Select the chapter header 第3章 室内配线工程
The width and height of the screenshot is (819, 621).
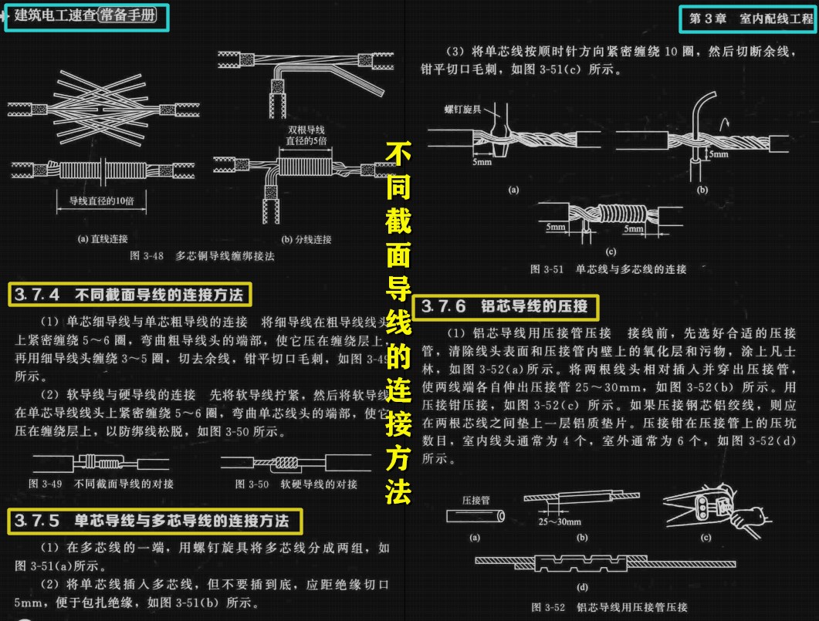click(x=745, y=19)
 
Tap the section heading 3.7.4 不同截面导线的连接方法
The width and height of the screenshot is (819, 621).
click(x=130, y=295)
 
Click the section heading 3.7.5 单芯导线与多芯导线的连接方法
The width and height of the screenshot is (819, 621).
click(x=155, y=521)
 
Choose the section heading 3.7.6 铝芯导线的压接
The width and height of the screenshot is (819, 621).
click(x=505, y=306)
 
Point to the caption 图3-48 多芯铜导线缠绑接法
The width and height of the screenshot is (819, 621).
click(x=201, y=255)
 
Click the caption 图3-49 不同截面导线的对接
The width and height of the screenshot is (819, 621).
click(x=101, y=484)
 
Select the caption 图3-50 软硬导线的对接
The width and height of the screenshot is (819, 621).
click(x=296, y=484)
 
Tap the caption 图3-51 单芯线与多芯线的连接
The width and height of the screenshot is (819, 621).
click(x=607, y=269)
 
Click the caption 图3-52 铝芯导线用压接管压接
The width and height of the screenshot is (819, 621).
click(x=609, y=607)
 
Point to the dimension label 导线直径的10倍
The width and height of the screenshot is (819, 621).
click(x=102, y=201)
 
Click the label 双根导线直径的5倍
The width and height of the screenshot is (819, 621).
click(x=306, y=135)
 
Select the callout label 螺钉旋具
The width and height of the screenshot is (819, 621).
click(x=462, y=110)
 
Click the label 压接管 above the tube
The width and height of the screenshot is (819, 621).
click(x=476, y=500)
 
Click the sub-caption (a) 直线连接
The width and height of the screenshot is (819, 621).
click(x=103, y=238)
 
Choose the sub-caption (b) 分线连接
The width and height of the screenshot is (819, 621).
click(x=306, y=238)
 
